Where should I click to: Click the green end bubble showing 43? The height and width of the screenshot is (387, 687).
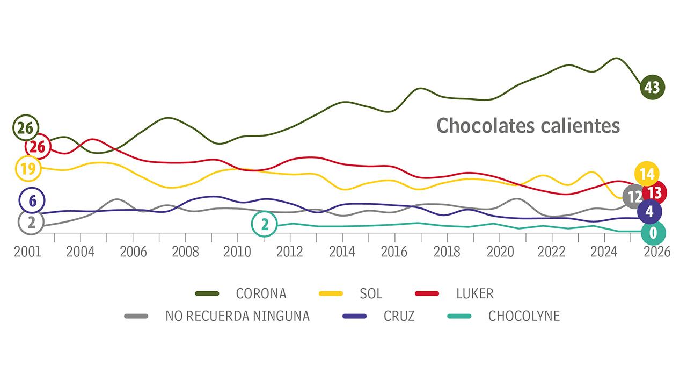pos(653,87)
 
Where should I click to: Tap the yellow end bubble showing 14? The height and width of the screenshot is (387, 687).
pos(646,174)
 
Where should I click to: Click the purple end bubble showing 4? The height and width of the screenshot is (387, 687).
pos(649,211)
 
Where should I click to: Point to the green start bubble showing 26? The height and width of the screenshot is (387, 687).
pos(25,127)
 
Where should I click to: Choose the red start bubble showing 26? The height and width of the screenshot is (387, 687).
pos(38,146)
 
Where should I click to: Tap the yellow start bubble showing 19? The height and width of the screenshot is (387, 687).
pos(28,168)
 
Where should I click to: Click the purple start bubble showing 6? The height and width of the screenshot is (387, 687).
pos(32,201)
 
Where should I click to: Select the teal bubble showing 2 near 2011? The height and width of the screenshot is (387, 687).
pos(264,224)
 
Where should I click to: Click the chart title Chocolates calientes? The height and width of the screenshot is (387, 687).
pos(528,126)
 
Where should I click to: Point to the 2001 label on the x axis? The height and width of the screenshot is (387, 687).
pos(28,252)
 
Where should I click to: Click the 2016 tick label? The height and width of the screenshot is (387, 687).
pos(394,252)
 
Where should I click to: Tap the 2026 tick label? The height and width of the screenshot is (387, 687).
pos(656,252)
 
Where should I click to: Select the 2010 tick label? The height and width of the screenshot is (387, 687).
pos(237,252)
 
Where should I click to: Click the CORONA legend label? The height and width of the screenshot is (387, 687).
pos(261,293)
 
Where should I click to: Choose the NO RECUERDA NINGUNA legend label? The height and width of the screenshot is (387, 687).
pos(237,316)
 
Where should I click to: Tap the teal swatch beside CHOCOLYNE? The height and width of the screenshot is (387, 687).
pos(459,316)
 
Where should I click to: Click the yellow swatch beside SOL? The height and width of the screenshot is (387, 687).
pos(331,293)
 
